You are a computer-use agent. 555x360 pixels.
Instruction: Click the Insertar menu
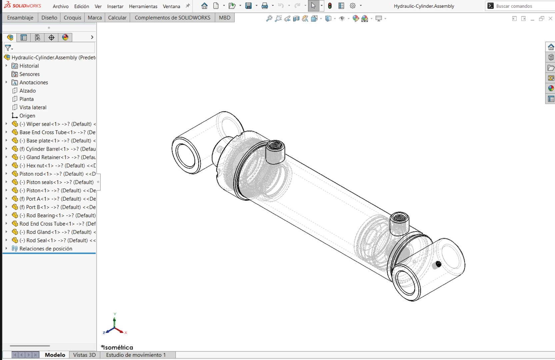[x=115, y=6]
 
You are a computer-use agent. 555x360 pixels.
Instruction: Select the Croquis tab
[x=72, y=18]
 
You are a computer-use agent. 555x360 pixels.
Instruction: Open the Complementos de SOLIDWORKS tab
[x=172, y=18]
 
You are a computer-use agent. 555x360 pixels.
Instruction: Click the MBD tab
[x=224, y=18]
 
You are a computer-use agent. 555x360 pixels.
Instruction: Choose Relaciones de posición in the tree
[x=46, y=249]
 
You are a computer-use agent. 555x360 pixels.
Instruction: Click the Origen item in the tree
[x=27, y=116]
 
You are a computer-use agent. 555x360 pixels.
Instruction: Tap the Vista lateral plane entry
[x=33, y=107]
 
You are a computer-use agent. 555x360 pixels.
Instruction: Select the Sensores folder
[x=29, y=74]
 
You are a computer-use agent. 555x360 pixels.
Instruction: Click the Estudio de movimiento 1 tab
[x=136, y=355]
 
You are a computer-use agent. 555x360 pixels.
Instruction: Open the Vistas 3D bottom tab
[x=84, y=355]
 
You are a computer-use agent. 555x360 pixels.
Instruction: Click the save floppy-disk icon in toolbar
[x=248, y=6]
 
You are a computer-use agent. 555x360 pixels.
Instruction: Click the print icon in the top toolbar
[x=265, y=6]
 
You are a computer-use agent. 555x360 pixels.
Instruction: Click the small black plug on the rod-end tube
[x=438, y=264]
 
